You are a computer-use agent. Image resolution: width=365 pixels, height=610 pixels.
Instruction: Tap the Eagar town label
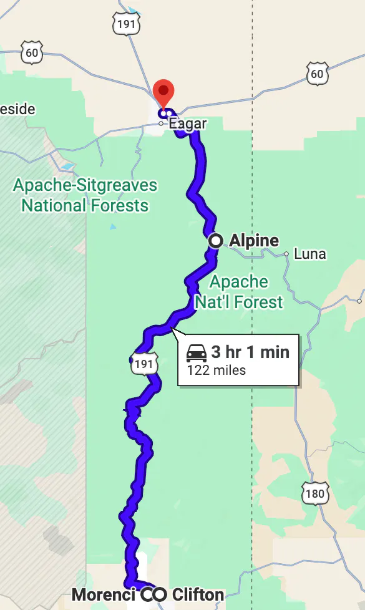[x=187, y=124]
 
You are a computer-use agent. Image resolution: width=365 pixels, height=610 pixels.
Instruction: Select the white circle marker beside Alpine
[x=215, y=241]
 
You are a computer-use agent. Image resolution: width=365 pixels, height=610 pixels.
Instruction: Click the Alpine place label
[x=254, y=241]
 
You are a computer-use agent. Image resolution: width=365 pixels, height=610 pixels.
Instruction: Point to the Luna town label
[x=309, y=254]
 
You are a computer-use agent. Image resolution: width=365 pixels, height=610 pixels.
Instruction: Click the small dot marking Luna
[x=286, y=254]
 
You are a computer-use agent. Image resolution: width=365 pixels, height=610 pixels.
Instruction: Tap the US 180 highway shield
[x=315, y=494]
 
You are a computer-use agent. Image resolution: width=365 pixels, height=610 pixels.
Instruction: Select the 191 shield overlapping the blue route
[x=143, y=365]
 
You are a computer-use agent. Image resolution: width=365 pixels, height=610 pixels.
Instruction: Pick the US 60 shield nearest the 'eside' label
[x=32, y=53]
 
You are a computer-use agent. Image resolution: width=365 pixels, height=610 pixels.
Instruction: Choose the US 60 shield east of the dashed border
[x=317, y=74]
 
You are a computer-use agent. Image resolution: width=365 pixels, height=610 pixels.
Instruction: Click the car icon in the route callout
[x=197, y=352]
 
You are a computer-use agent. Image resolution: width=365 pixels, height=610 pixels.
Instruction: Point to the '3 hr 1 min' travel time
[x=250, y=352]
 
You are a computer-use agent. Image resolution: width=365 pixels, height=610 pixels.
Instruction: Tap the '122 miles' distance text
[x=216, y=370]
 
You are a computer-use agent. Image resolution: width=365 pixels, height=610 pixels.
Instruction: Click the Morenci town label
[x=104, y=595]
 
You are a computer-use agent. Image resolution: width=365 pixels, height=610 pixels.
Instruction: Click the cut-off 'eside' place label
[x=17, y=109]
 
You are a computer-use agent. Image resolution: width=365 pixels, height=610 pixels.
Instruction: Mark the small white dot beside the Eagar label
[x=161, y=123]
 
